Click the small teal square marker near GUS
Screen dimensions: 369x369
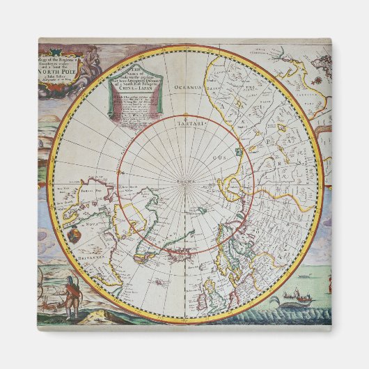[x=238, y=151]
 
